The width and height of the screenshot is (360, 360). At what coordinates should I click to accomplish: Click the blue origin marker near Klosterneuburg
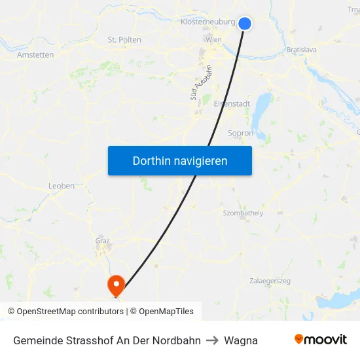245,23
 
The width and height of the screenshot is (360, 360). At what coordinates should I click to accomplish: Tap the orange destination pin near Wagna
116,285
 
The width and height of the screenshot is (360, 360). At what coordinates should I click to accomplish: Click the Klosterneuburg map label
207,22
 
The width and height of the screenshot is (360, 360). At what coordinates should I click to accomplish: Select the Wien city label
213,40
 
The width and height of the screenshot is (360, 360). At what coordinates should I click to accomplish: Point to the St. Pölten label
124,40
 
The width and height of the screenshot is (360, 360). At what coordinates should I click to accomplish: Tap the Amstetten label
35,55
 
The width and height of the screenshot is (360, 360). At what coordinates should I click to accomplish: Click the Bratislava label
302,49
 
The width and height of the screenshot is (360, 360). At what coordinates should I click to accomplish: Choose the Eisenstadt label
232,103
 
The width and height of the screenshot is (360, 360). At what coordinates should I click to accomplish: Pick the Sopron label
240,133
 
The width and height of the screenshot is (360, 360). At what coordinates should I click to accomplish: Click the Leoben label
62,186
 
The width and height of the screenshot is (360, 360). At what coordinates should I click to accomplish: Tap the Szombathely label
243,213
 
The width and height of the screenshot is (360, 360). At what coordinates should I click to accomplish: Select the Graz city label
102,240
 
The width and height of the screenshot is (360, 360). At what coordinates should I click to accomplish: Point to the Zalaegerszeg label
270,281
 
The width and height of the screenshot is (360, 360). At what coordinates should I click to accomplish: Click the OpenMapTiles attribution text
166,312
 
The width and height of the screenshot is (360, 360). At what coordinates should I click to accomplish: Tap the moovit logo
321,340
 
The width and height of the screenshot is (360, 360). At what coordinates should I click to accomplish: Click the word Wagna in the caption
241,340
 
